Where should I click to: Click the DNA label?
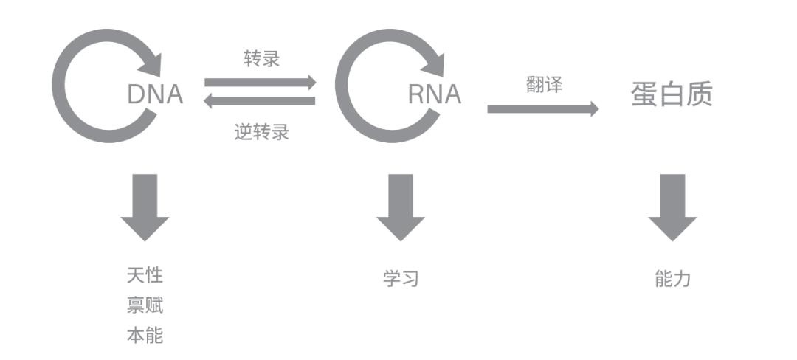point(155,94)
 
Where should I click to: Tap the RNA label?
point(435,94)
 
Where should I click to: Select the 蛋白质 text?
point(672,94)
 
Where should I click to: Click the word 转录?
point(262,59)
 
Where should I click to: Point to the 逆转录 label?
point(262,133)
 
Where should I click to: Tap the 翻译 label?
point(545,85)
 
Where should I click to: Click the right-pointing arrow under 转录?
point(260,82)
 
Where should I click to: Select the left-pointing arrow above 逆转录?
point(260,101)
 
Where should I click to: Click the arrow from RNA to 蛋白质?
point(542,109)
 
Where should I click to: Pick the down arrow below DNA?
point(145,207)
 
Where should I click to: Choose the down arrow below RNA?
point(401,207)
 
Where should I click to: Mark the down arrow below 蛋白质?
point(672,207)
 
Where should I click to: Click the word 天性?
point(145,276)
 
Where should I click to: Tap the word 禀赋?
point(145,305)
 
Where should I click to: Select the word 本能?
point(145,336)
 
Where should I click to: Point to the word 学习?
point(401,279)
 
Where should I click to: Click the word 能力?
point(672,279)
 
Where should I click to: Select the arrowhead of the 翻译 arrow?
point(592,109)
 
